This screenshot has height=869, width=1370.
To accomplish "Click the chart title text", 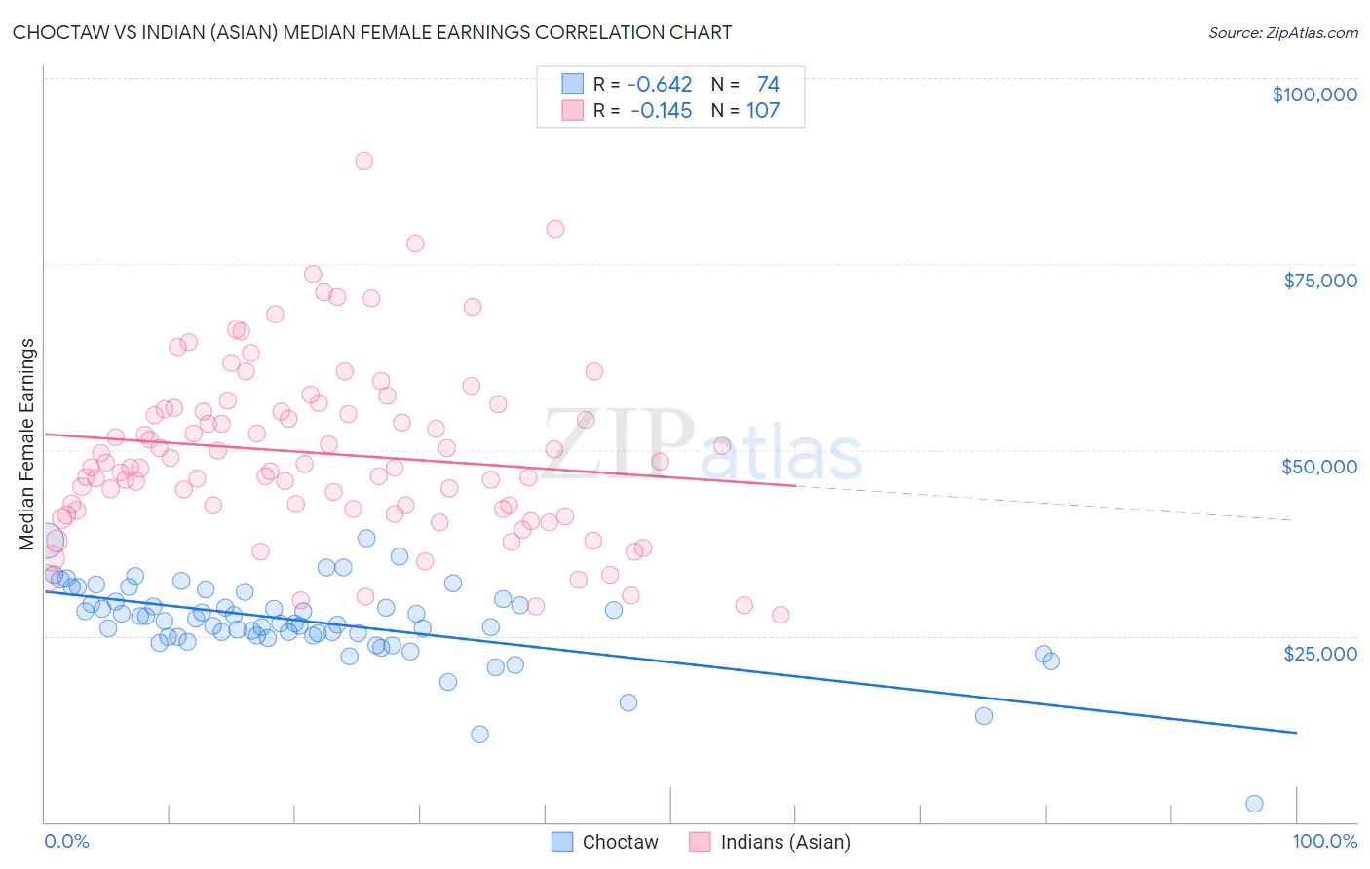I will tap(371, 32).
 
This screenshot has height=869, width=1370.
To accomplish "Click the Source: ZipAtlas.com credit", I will tap(1282, 32).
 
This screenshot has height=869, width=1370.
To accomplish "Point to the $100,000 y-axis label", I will tap(1313, 94).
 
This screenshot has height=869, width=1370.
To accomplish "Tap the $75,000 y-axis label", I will tap(1319, 281).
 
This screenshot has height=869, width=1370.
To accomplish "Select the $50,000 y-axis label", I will tap(1319, 467).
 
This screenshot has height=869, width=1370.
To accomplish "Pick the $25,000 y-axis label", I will tap(1319, 653).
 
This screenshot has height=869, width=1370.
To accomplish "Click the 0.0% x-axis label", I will tap(66, 841).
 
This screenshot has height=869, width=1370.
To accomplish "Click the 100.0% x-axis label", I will tap(1324, 841).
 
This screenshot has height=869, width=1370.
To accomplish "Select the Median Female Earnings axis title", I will tap(27, 444).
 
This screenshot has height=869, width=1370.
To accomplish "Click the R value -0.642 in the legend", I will tap(660, 85).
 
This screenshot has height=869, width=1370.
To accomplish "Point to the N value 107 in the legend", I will tap(763, 111).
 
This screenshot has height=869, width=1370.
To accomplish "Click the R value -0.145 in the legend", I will tap(662, 111).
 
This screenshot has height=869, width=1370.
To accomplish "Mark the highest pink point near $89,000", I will tap(364, 161).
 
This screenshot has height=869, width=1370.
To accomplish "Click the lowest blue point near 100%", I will tap(1254, 804).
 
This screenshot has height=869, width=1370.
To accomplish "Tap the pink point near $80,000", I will tap(555, 229).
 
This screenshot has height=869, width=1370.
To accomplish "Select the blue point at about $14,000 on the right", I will tap(984, 716).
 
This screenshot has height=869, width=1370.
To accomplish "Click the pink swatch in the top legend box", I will tap(572, 111).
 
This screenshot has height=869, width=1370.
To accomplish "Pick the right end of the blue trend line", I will tap(1296, 732).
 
